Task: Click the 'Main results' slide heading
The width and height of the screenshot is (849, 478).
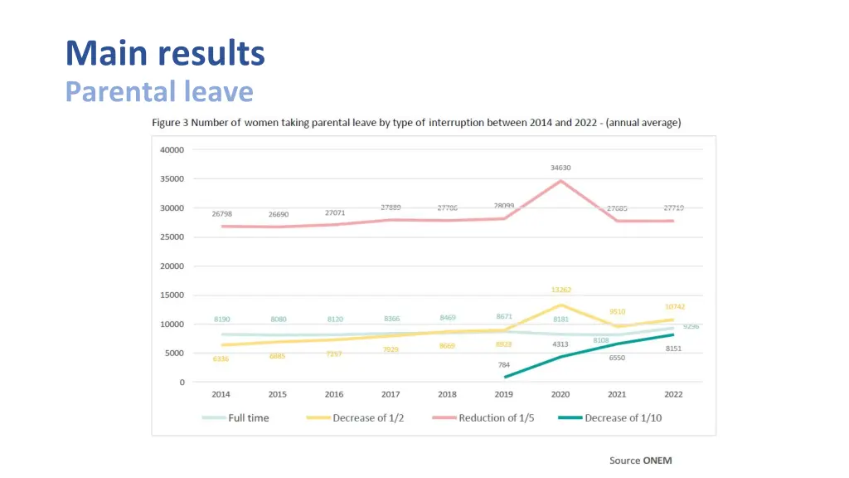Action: (165, 54)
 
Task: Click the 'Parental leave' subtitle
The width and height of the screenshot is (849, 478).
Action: (159, 90)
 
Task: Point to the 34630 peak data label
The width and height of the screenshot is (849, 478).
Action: (560, 168)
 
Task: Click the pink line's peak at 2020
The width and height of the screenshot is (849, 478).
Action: (561, 181)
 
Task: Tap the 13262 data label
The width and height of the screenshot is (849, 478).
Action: (560, 290)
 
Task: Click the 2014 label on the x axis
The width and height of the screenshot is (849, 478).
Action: (221, 394)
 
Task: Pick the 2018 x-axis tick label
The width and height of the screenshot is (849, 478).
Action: (448, 394)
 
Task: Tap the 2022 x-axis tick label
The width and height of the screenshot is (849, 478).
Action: (674, 394)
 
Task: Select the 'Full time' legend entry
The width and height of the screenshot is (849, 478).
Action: (248, 418)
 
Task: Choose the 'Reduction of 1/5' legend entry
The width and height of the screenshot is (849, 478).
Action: (496, 418)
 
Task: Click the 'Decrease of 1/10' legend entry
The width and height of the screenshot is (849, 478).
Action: (623, 418)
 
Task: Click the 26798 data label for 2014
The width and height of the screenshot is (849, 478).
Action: (221, 214)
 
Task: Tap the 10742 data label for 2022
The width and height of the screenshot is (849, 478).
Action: (675, 307)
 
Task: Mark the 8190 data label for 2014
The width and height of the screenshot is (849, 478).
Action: (221, 319)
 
